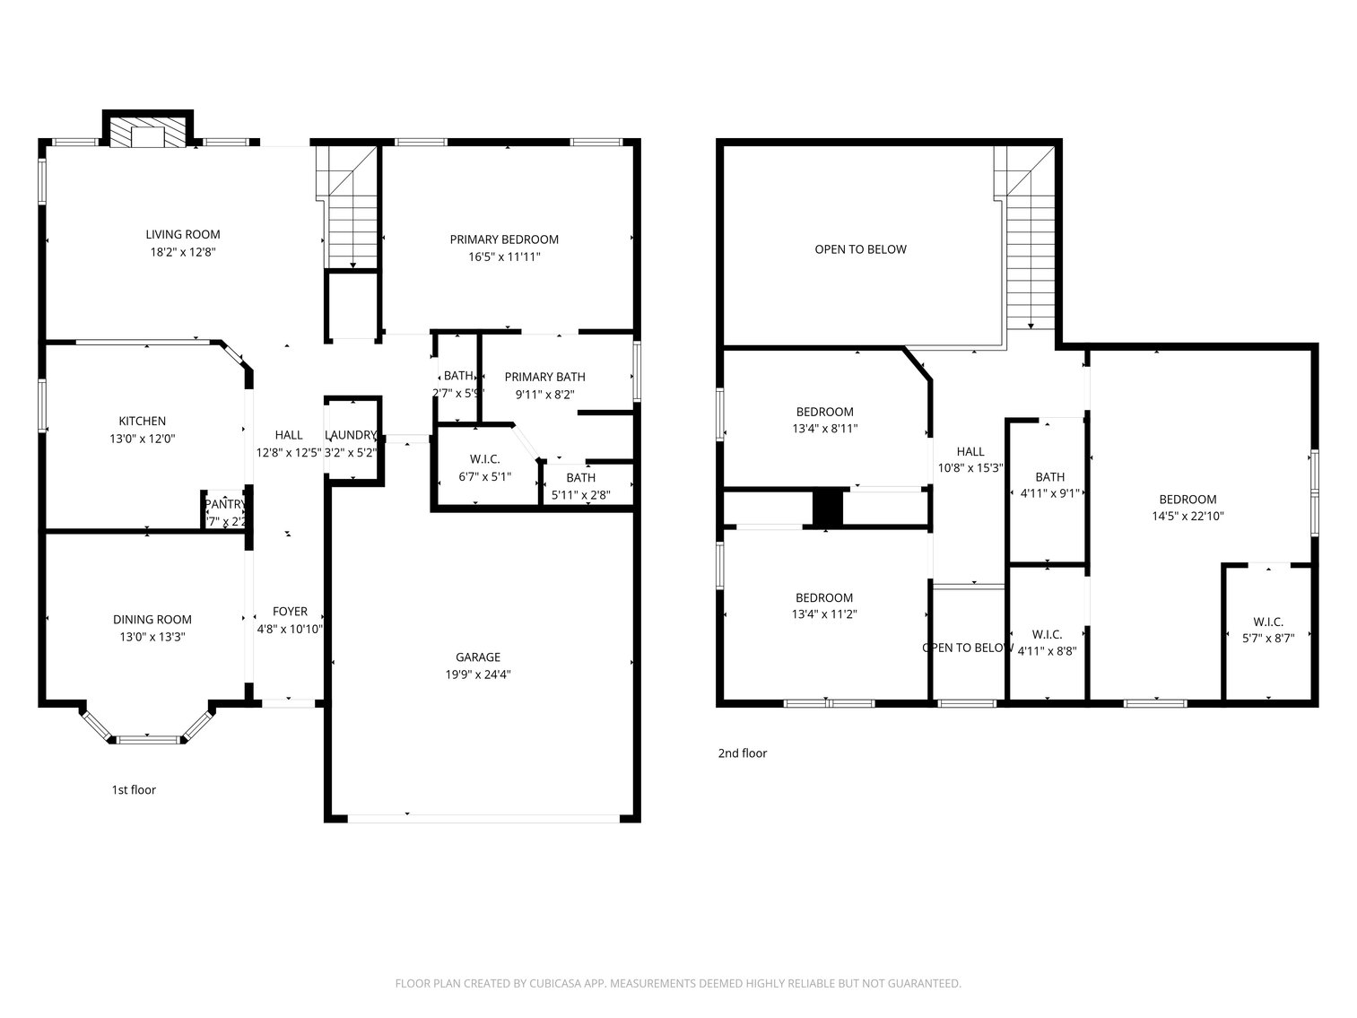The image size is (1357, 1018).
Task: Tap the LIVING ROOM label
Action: [183, 235]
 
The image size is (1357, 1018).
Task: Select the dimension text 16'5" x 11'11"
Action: [504, 257]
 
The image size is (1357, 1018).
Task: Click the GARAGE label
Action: [478, 657]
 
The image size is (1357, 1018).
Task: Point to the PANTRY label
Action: [224, 504]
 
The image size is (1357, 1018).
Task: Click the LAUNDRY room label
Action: [351, 435]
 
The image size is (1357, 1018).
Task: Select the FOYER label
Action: [290, 612]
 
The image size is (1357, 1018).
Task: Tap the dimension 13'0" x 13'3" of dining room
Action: [152, 637]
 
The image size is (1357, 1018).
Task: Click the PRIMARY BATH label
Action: [544, 377]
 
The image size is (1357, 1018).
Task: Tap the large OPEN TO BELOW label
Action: [860, 249]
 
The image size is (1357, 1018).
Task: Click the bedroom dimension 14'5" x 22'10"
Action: [1187, 517]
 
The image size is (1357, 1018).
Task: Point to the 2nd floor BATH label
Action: [1049, 477]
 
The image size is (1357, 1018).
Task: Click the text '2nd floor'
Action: [742, 753]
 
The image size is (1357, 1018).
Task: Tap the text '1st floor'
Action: [134, 790]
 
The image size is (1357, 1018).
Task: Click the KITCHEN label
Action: [143, 422]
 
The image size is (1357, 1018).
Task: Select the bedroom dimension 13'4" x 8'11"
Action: [824, 429]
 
